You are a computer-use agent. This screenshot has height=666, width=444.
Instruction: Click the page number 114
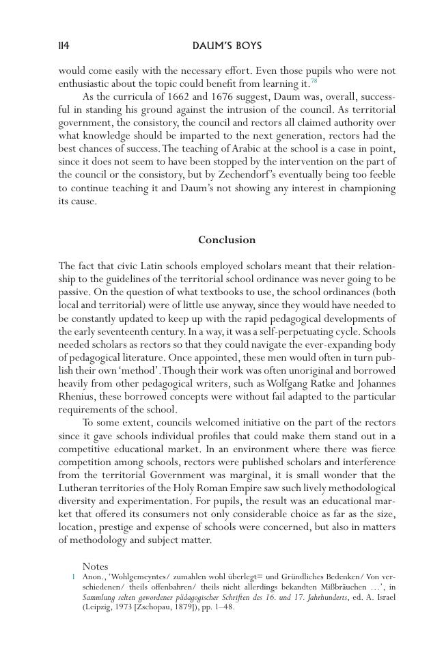tap(64, 46)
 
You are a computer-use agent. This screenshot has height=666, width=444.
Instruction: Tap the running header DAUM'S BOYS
tap(227, 46)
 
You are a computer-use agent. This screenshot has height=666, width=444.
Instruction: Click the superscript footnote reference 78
tap(314, 81)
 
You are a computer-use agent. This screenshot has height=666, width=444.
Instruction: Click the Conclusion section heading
tap(227, 240)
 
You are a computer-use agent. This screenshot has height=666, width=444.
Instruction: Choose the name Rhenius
tap(78, 396)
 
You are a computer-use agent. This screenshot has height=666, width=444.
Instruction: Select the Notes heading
tap(95, 566)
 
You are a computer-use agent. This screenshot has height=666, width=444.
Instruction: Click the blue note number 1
tap(72, 577)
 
